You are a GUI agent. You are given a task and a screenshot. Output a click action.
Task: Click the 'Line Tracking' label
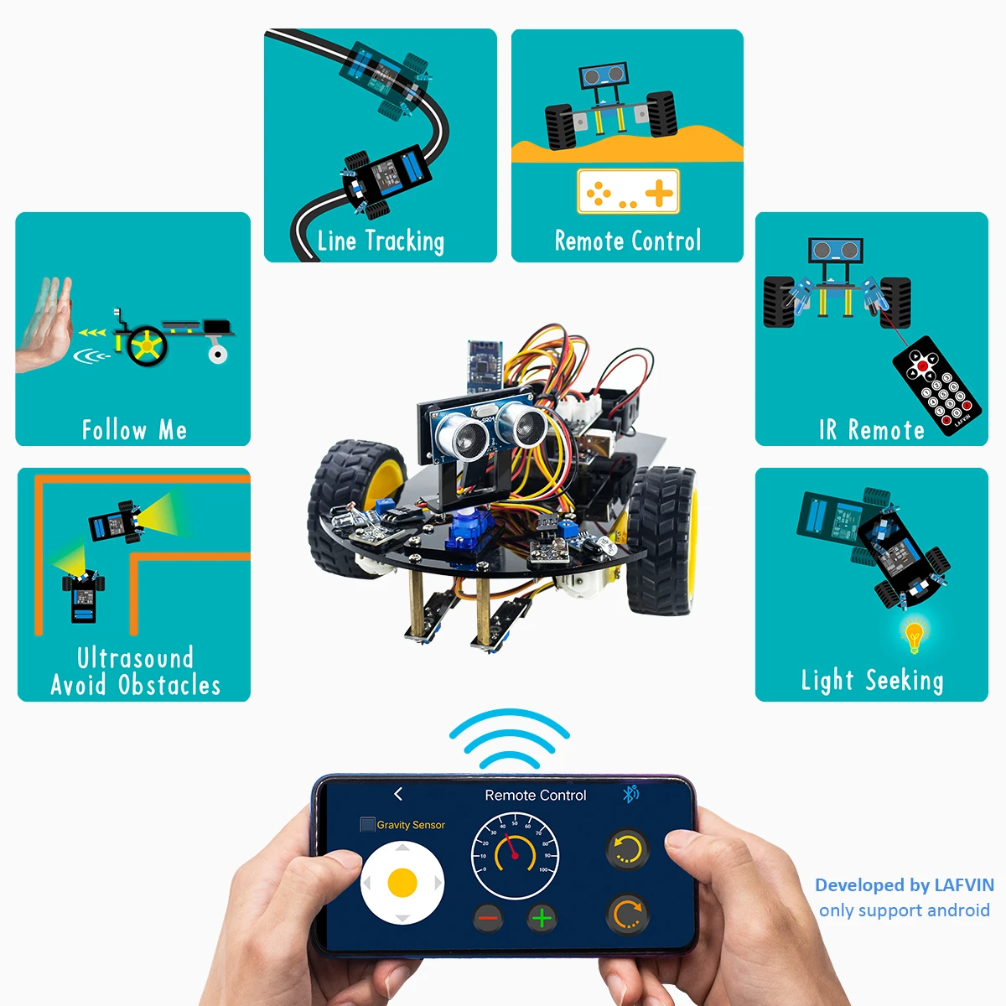[381, 241]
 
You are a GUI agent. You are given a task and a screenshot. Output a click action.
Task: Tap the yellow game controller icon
[628, 192]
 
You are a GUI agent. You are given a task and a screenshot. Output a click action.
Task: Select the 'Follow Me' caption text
[134, 430]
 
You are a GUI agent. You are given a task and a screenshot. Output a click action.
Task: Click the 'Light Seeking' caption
[872, 680]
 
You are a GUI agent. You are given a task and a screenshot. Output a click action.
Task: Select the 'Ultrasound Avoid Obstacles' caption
[135, 672]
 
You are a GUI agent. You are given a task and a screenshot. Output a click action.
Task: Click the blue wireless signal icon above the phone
[509, 739]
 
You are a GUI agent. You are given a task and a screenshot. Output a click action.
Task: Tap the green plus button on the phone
[542, 919]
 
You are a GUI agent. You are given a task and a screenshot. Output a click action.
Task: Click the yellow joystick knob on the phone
[402, 883]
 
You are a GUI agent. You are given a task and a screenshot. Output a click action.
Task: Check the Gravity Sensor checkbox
[367, 825]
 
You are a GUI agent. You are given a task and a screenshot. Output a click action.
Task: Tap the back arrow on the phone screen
[398, 794]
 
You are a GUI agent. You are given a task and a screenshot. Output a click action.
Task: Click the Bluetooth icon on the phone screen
[630, 794]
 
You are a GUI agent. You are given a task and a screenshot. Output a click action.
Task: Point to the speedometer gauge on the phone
[515, 855]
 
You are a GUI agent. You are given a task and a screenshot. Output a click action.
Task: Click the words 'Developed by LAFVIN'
[904, 885]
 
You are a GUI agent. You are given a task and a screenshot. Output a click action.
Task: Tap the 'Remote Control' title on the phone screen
[535, 795]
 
